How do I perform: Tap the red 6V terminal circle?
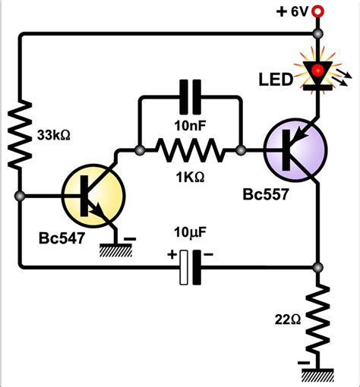pos(318,11)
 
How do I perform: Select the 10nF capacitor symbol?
pos(189,99)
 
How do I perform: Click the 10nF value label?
pos(189,124)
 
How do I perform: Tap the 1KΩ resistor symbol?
pos(189,153)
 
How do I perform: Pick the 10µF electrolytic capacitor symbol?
pos(190,267)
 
